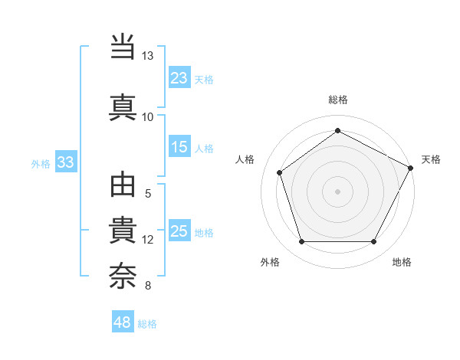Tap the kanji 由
[x=123, y=187]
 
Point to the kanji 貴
[x=123, y=231]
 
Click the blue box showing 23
[x=179, y=77]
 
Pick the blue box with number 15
[x=179, y=147]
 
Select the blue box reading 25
[x=179, y=231]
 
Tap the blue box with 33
[x=65, y=162]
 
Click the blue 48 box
[x=123, y=322]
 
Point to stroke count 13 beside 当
[x=147, y=56]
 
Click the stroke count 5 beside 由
[x=147, y=194]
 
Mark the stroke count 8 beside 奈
[x=147, y=286]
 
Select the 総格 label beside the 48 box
[x=147, y=324]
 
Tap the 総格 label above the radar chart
[x=337, y=100]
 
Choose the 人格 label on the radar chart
[x=245, y=159]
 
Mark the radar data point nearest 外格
[x=301, y=242]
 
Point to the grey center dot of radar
[x=337, y=191]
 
